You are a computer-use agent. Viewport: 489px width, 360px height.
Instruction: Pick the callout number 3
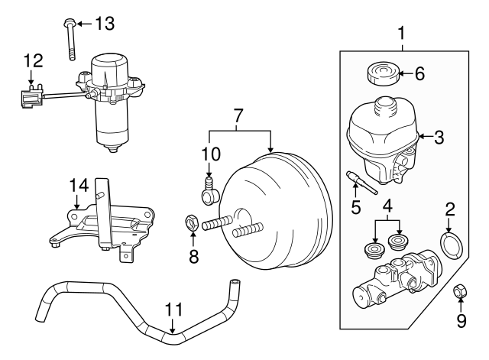(438, 138)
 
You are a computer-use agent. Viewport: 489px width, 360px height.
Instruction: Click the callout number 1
(401, 32)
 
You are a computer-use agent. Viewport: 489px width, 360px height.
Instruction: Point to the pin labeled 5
(362, 182)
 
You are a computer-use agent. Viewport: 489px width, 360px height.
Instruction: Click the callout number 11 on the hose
(173, 310)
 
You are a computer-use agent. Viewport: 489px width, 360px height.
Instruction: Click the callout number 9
(460, 322)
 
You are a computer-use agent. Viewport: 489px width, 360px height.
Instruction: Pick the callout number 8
(194, 256)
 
